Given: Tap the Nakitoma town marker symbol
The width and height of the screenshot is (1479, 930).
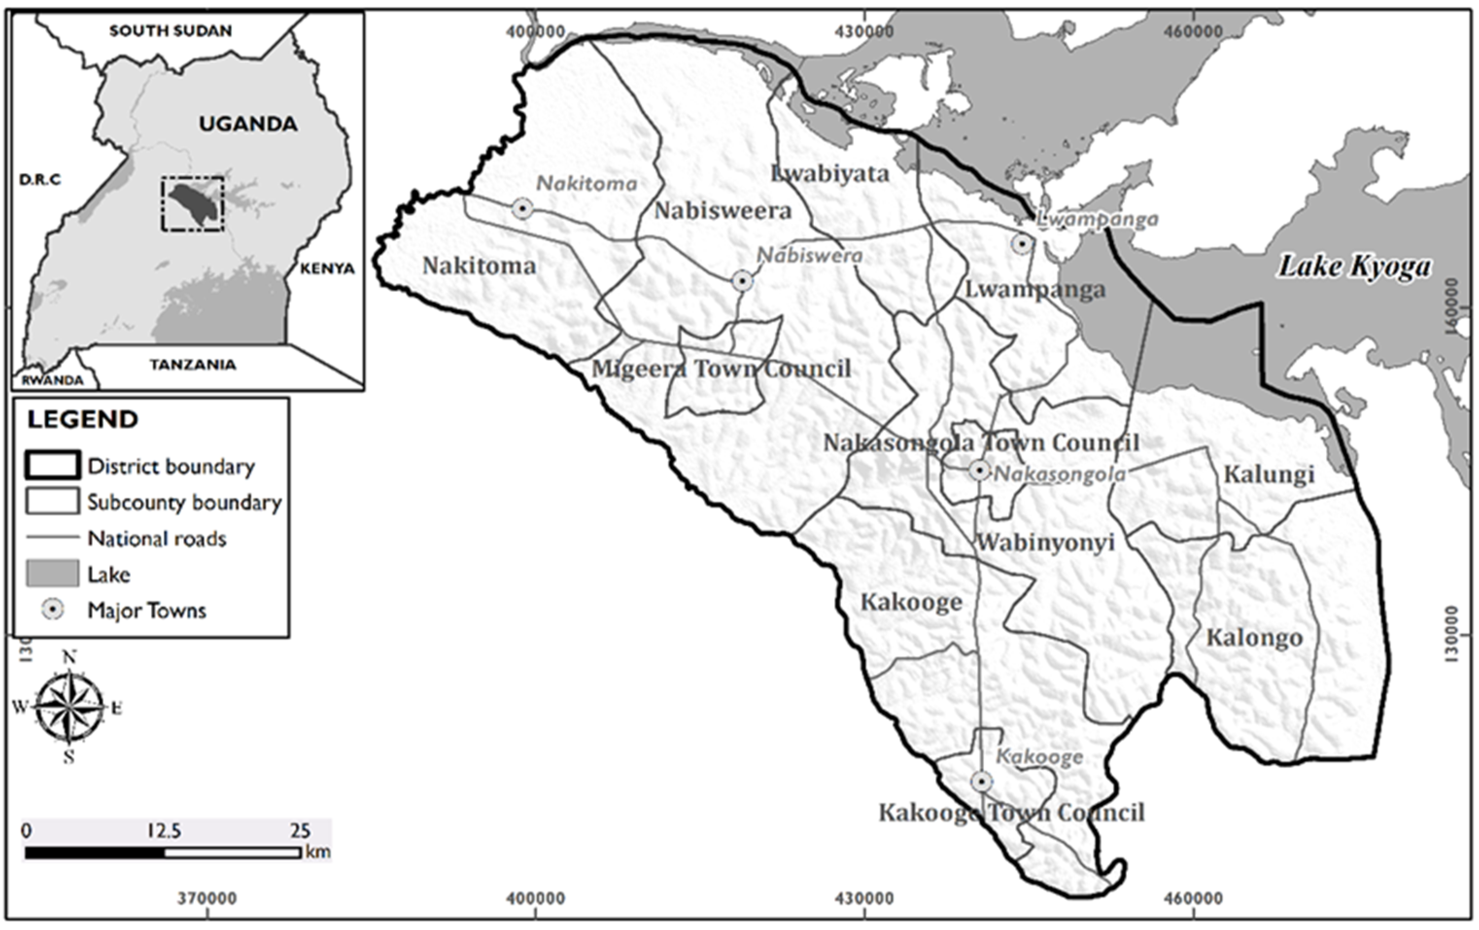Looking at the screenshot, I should click(522, 209).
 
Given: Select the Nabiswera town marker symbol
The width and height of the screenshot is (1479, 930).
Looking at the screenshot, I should click(742, 281).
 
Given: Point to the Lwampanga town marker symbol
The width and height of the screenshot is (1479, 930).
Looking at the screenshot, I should click(1021, 244).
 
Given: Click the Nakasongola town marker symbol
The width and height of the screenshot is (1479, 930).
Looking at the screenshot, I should click(979, 471).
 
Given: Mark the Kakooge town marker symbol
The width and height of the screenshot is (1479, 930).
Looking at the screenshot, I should click(981, 782).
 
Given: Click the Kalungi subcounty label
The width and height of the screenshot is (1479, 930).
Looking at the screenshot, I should click(1269, 474).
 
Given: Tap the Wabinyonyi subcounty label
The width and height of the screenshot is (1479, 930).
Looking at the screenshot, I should click(1046, 543).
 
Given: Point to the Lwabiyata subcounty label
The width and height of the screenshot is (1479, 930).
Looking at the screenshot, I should click(830, 174).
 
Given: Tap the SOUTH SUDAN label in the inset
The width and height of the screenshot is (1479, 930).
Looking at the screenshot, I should click(171, 31).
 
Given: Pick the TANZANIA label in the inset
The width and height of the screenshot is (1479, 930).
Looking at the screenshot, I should click(193, 365).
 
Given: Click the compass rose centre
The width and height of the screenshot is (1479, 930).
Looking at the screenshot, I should click(69, 707).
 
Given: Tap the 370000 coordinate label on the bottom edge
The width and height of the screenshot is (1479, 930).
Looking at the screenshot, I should click(207, 899).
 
